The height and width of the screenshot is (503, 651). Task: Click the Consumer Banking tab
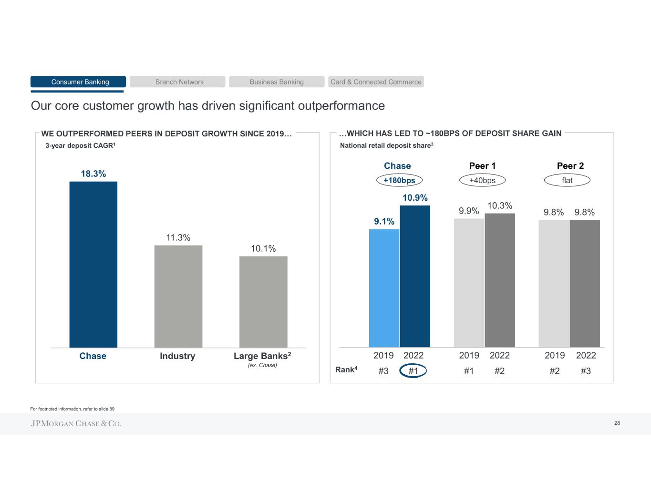pos(78,82)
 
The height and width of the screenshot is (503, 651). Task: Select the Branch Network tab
pos(177,82)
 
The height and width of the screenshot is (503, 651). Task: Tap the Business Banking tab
pos(277,82)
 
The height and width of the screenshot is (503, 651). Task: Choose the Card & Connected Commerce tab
pos(376,82)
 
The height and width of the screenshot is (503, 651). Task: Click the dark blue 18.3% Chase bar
pos(93,265)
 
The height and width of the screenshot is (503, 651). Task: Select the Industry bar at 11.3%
pos(178,296)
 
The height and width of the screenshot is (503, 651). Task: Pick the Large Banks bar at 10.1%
pos(263,302)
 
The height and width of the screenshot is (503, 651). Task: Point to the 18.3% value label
pos(93,174)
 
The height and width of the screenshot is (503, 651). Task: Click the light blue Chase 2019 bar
pos(384,288)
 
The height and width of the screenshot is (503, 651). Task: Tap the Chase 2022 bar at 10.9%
pos(415,276)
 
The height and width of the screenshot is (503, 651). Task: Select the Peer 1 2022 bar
pos(500,280)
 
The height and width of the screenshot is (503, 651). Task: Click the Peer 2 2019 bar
pos(554,283)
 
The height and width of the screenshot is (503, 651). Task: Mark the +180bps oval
pos(399,180)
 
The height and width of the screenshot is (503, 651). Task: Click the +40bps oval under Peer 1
pos(482,180)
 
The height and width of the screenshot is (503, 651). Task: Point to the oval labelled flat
pos(567,180)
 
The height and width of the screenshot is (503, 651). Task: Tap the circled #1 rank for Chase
pos(413,371)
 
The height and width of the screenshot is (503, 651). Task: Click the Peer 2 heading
pos(570,165)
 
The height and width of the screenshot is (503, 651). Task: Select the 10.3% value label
pos(500,205)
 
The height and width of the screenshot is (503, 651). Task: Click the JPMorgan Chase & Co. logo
pos(76,423)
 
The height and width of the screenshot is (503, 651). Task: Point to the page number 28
pos(617,423)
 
